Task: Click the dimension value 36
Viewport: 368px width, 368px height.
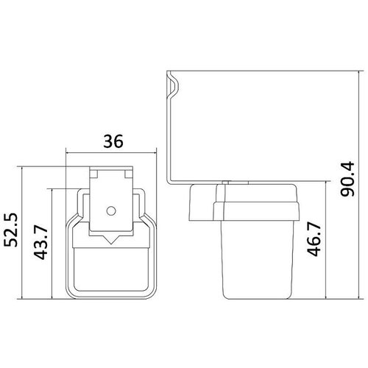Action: click(113, 141)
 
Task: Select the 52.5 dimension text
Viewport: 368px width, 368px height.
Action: click(11, 230)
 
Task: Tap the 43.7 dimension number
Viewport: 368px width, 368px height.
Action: click(40, 243)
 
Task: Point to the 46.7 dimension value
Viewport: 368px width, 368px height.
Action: click(314, 239)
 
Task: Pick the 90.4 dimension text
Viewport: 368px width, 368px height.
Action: click(348, 179)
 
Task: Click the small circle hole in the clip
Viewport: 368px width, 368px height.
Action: click(111, 210)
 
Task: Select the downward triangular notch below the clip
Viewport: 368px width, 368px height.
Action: click(111, 240)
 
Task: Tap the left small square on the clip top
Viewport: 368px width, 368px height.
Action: click(93, 174)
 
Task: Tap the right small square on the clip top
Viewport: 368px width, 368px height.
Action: click(129, 174)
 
